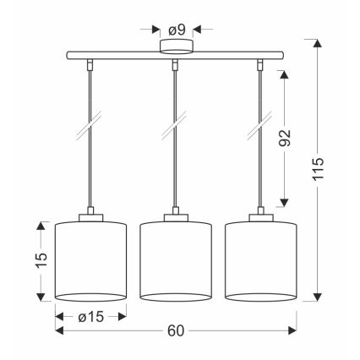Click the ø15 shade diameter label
coord(90,316)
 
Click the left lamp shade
coord(90,260)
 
